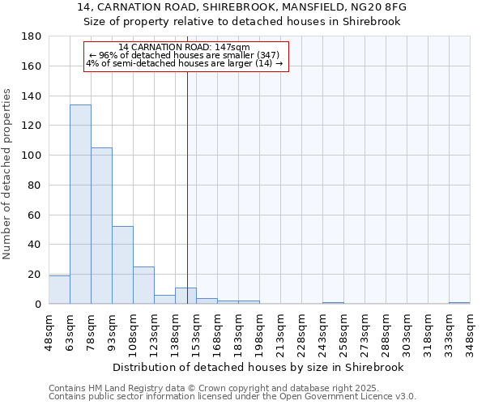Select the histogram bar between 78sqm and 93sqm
(101, 226)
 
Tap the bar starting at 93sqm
(122, 265)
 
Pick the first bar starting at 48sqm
(59, 290)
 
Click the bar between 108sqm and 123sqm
(143, 285)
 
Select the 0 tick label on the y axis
(37, 304)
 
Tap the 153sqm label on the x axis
(197, 331)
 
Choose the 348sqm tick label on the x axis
(470, 331)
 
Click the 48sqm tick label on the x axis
(49, 330)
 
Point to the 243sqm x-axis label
(322, 331)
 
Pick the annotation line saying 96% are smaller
(185, 55)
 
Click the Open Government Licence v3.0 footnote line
(232, 397)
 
